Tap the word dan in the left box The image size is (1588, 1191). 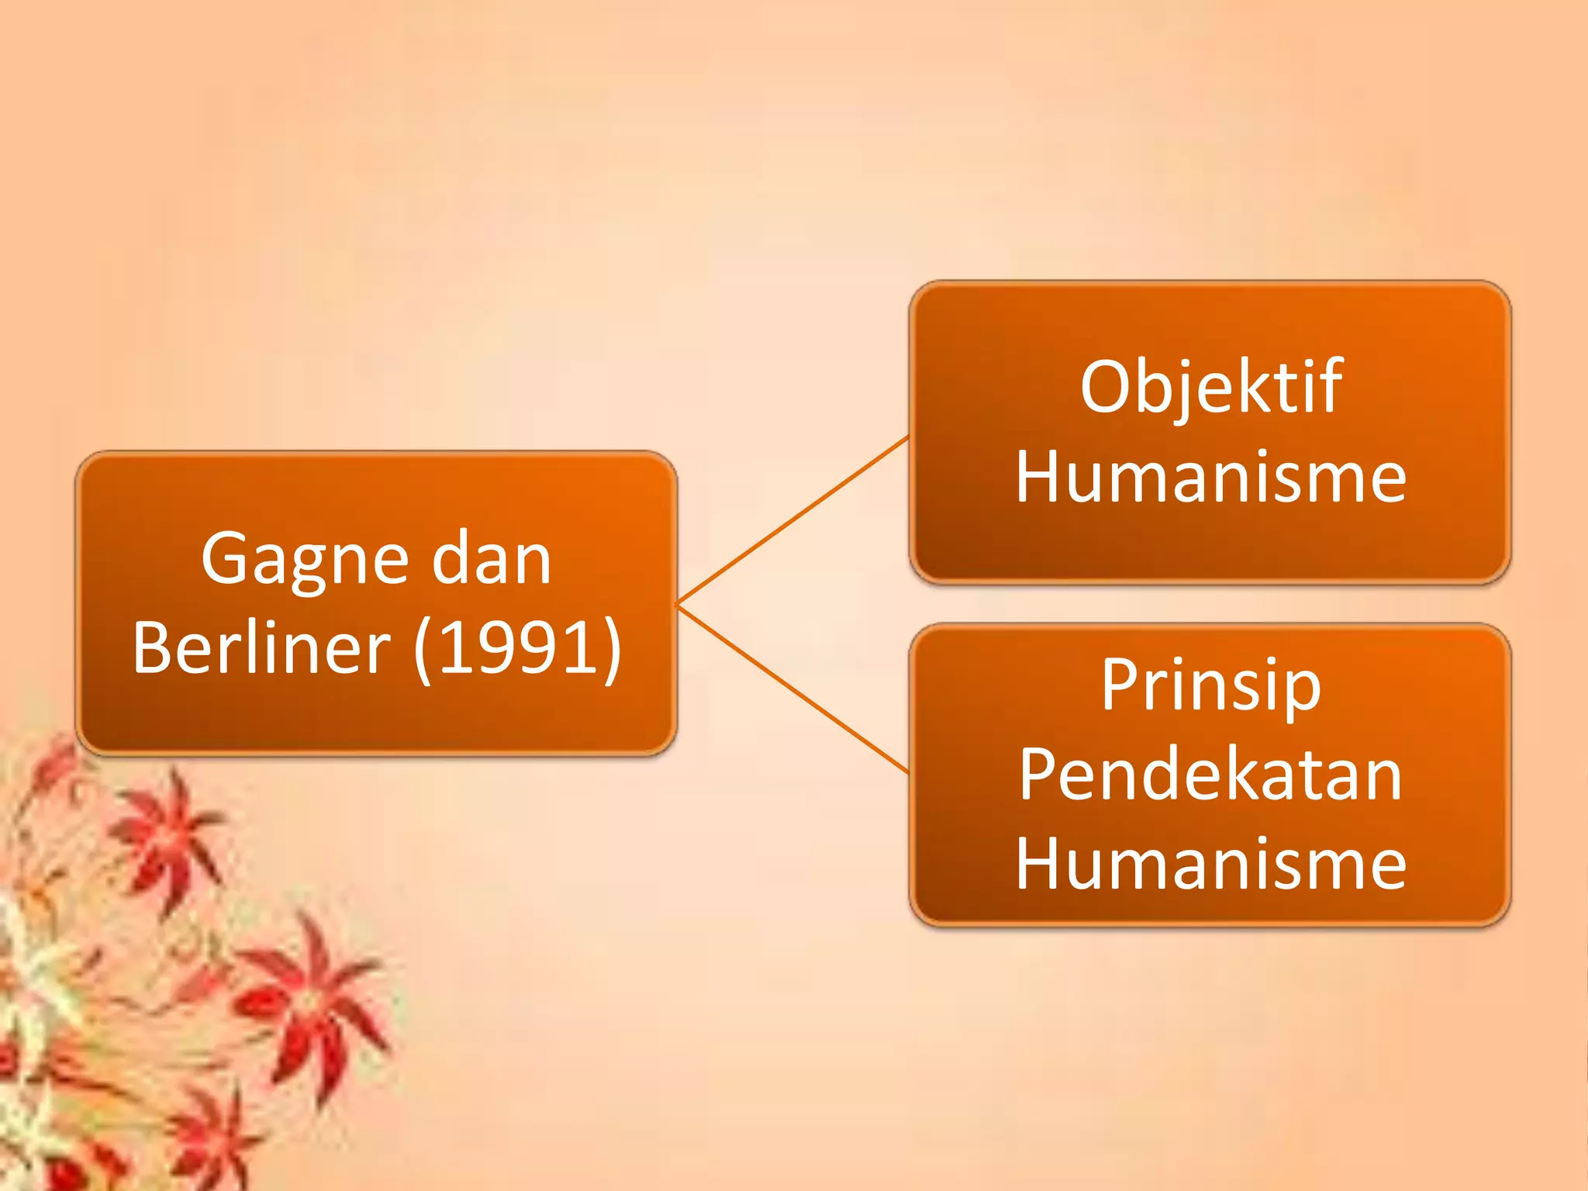click(x=491, y=560)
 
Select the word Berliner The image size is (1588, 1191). click(x=261, y=648)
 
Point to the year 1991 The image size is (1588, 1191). click(x=517, y=648)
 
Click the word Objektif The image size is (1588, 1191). click(x=1210, y=388)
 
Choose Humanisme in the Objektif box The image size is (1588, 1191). click(x=1210, y=478)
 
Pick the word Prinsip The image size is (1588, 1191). click(x=1210, y=685)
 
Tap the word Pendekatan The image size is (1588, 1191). click(x=1210, y=775)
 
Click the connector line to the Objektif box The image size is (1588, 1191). click(x=792, y=520)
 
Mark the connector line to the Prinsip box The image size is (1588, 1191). click(x=792, y=689)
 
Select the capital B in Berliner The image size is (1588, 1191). click(x=154, y=648)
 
